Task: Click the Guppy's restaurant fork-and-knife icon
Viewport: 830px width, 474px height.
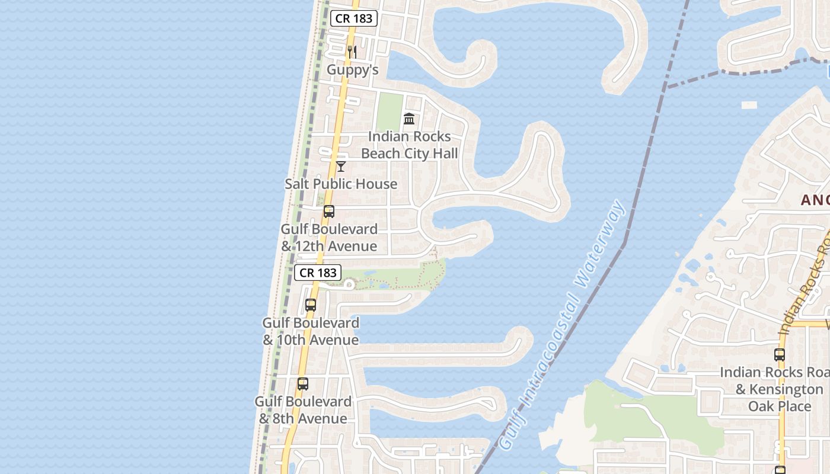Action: (352, 52)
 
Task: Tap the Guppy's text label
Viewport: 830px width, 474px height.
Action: (352, 70)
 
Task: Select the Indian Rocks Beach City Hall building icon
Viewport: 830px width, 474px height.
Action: (409, 119)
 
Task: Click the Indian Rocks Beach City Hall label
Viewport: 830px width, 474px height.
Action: (409, 145)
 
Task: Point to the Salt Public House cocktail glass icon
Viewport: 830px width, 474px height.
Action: (341, 166)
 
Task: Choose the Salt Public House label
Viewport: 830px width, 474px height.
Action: (341, 184)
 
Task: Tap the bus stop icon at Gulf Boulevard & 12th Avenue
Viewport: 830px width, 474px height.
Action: (328, 212)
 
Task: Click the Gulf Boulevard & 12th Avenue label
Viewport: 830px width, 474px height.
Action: (328, 238)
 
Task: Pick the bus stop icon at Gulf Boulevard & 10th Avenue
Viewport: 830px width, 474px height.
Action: (311, 306)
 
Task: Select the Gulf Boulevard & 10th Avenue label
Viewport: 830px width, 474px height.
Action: (311, 331)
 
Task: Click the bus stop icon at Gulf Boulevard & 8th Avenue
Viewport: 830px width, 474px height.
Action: (303, 384)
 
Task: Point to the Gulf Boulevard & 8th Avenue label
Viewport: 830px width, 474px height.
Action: (303, 410)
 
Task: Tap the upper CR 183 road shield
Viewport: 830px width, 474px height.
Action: (354, 18)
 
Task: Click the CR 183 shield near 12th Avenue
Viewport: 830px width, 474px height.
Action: (318, 273)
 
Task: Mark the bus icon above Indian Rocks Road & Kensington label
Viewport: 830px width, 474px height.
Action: (780, 355)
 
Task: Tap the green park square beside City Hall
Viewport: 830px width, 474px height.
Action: (390, 113)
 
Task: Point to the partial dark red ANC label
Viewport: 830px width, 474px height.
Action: (815, 200)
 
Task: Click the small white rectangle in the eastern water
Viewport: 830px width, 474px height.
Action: (749, 105)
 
